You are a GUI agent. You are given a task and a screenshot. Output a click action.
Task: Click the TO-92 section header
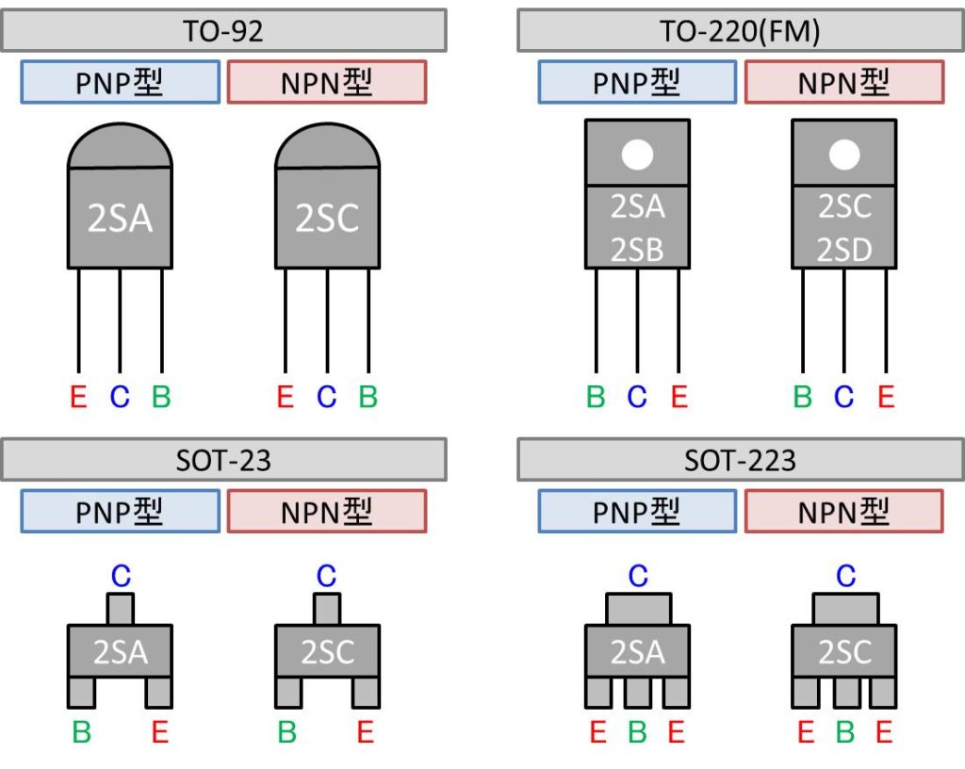click(223, 31)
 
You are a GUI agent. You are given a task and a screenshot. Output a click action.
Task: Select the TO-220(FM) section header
click(740, 31)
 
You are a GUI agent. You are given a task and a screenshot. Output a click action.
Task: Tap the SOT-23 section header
click(223, 460)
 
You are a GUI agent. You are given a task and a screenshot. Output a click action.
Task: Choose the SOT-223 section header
click(740, 460)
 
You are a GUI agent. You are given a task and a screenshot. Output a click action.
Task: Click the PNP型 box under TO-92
click(120, 83)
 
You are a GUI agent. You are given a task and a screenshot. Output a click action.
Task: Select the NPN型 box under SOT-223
click(843, 512)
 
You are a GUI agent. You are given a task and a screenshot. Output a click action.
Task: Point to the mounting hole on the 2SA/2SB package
click(637, 155)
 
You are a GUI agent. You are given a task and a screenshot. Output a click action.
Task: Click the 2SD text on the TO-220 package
click(844, 250)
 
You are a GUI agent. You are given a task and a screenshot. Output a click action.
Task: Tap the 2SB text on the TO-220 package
click(637, 250)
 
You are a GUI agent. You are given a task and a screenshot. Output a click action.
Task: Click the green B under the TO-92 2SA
click(161, 397)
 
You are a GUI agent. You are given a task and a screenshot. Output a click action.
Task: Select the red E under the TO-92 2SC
click(285, 397)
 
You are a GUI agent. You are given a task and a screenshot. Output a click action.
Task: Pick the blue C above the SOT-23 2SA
click(121, 574)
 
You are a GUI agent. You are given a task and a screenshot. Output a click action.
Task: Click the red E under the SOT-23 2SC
click(366, 731)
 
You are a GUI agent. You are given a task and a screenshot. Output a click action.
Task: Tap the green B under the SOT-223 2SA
click(637, 731)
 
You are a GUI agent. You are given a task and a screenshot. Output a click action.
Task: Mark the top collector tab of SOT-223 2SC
click(844, 609)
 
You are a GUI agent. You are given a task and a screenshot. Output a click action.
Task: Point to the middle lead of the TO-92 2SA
click(120, 320)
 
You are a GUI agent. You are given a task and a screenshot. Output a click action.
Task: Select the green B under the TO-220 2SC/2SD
click(803, 397)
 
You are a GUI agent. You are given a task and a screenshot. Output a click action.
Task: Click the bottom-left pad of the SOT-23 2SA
click(82, 693)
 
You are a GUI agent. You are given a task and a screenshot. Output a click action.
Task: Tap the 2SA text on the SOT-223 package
click(637, 651)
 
